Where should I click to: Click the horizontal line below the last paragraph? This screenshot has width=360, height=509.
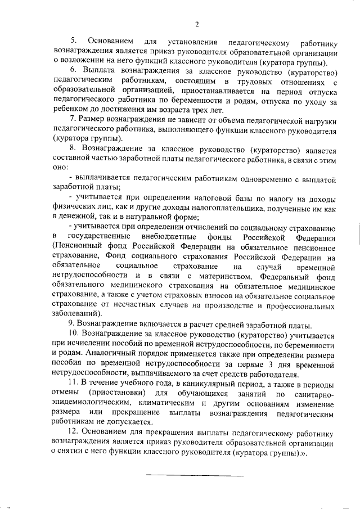pos(195,476)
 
